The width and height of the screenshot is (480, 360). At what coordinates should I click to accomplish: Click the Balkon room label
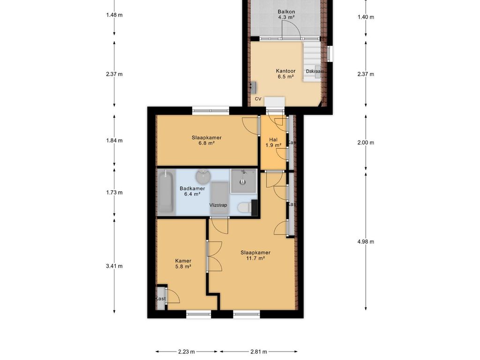coord(286,15)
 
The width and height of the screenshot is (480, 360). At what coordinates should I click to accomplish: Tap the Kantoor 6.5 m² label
coord(285,74)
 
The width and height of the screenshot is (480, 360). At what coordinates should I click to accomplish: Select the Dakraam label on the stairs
coord(315,71)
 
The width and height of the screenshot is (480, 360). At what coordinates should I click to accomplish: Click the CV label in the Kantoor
coord(258,99)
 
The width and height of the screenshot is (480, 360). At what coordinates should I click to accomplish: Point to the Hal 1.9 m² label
coord(273,142)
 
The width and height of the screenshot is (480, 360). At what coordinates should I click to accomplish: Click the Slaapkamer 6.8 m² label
coord(207,140)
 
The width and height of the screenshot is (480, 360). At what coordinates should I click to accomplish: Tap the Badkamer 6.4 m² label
coord(192,191)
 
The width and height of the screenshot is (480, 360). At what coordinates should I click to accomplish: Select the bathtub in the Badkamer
coord(166,192)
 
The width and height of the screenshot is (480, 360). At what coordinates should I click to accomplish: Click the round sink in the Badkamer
coord(203,177)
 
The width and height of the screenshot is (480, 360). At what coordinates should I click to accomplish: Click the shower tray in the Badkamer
coord(244,181)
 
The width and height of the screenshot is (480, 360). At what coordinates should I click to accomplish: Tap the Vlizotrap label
coord(218,205)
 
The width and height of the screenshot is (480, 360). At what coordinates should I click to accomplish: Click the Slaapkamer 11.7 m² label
coord(255,255)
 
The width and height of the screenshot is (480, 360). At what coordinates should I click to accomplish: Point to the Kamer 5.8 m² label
coord(183,263)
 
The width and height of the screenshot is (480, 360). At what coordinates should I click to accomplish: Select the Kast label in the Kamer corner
coord(160,299)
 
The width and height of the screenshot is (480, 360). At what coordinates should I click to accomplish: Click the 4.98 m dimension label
coord(366,241)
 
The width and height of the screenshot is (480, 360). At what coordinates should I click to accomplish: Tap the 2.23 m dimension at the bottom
coord(187,352)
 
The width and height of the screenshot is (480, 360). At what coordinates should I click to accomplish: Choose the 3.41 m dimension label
coord(114,266)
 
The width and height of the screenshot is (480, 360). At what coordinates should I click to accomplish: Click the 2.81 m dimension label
coord(259,352)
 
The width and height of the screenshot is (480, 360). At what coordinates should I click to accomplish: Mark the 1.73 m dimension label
coord(114,193)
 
